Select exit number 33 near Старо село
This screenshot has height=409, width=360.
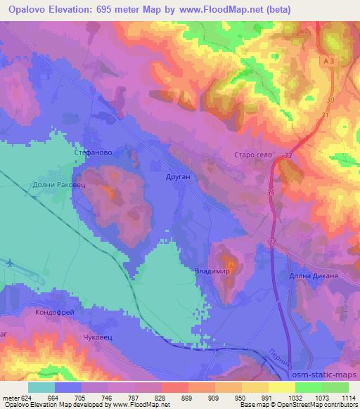click(288, 156)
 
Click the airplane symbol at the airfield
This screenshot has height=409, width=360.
click(8, 263)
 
